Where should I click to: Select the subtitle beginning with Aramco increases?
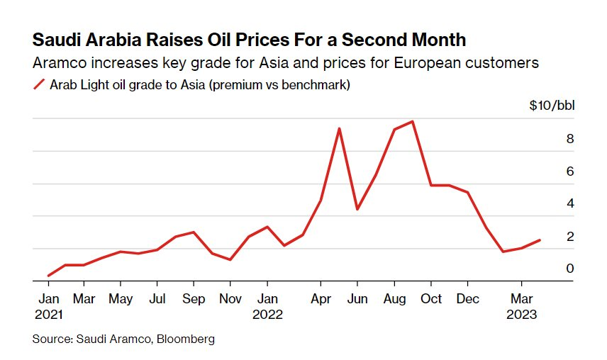point(286,63)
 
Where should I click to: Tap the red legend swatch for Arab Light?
point(39,85)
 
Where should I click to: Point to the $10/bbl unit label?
point(552,106)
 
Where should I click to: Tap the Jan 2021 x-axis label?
point(48,306)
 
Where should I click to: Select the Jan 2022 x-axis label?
point(267,306)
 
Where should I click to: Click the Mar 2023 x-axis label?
point(523,306)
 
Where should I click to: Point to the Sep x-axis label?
point(194,299)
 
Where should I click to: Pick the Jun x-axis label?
point(357,299)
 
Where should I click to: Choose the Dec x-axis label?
point(467,299)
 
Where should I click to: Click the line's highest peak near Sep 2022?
point(413,121)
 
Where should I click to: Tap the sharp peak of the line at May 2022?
point(340,128)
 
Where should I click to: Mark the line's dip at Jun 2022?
point(357,209)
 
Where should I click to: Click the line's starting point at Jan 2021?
point(48,276)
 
